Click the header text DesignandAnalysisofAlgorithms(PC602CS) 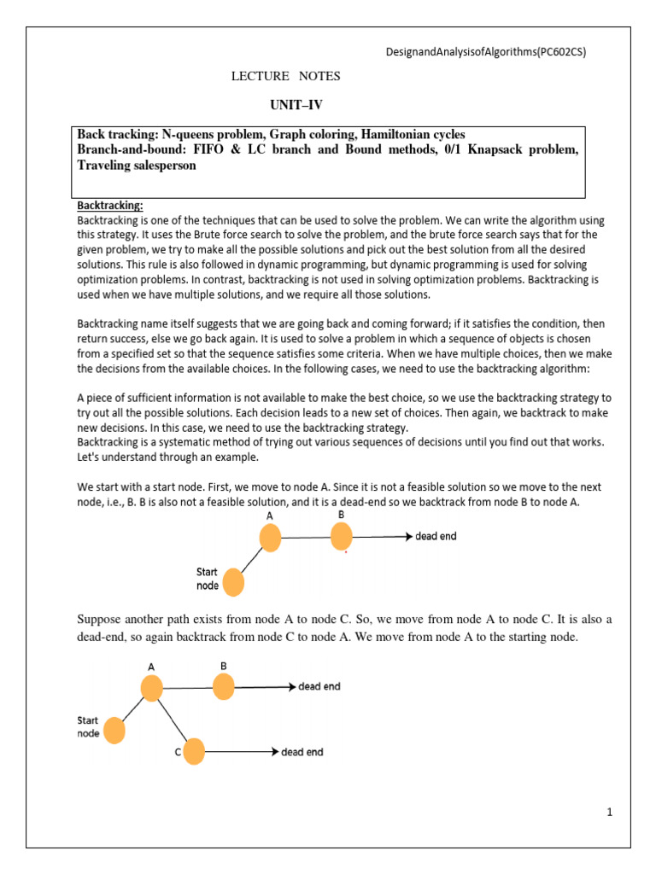coord(487,51)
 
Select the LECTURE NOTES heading coord(286,77)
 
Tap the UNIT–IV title coord(296,105)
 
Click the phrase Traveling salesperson coord(137,166)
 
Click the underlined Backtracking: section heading coord(111,206)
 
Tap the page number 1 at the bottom coord(611,813)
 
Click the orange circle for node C coord(194,751)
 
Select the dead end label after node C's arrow coord(303,752)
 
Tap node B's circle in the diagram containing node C coord(223,686)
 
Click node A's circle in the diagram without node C coord(270,538)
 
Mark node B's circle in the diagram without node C coord(341,536)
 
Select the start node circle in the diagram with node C coord(114,731)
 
